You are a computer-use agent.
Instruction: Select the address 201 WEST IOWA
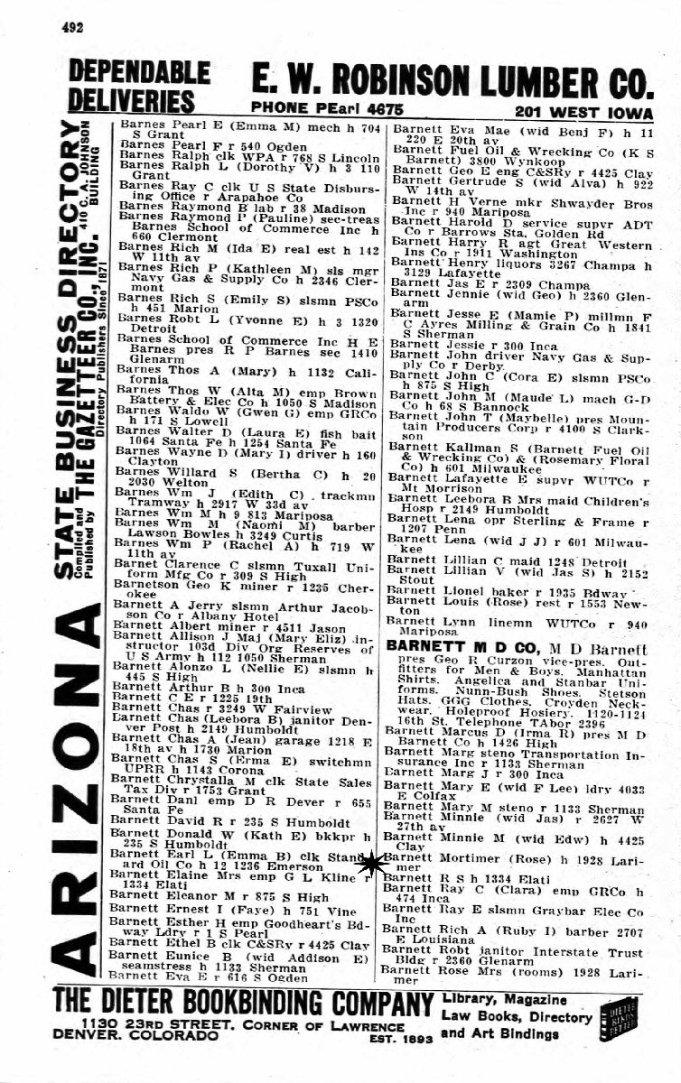(583, 110)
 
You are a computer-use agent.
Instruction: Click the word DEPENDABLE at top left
(139, 72)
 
